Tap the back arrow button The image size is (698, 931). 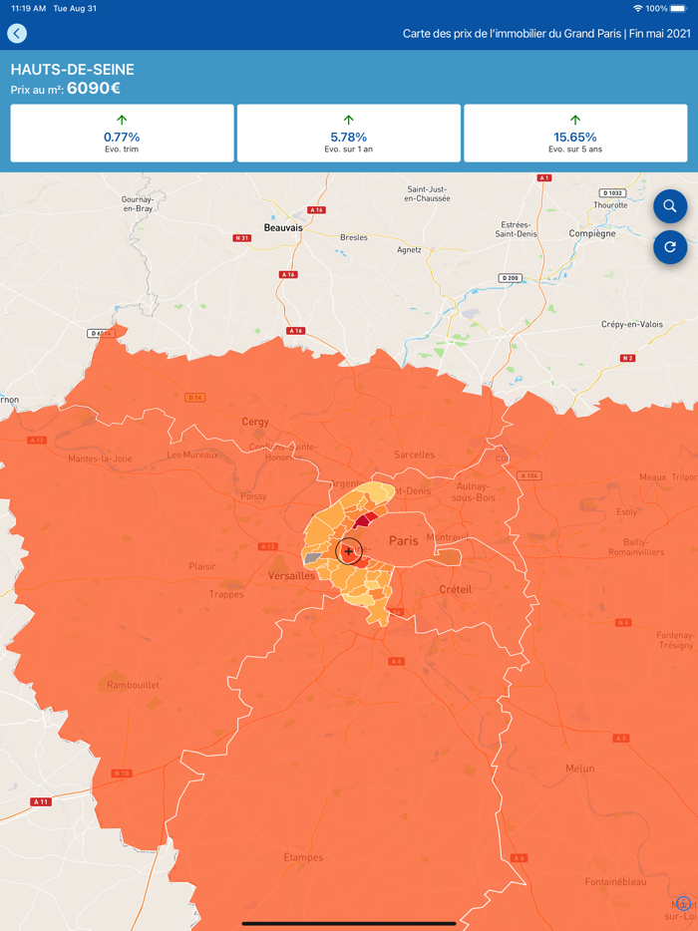(x=17, y=34)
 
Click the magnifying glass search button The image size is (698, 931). (x=670, y=206)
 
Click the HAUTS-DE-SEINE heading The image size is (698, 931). (x=72, y=70)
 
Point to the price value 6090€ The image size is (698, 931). (x=94, y=89)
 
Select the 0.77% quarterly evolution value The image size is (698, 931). (x=122, y=137)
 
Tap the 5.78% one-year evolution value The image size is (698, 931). (x=348, y=137)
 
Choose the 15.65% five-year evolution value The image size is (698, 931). (x=575, y=137)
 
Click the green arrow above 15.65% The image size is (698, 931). (x=575, y=120)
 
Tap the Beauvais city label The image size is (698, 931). (x=283, y=228)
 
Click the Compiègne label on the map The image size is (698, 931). (x=592, y=233)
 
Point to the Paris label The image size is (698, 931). (x=404, y=541)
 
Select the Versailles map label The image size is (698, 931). (x=292, y=576)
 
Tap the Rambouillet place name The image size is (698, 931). (x=134, y=685)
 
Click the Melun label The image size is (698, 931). (x=579, y=769)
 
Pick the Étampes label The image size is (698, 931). (x=303, y=857)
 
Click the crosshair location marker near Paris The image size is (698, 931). (x=348, y=551)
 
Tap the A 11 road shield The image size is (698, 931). (x=41, y=801)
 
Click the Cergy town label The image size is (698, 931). (x=255, y=422)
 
